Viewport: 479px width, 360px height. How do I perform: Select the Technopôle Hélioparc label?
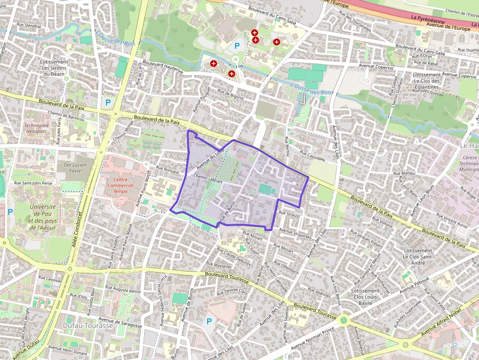(x=37, y=128)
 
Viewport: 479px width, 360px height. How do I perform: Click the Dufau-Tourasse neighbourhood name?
(x=88, y=325)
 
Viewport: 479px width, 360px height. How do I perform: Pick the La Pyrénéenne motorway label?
(x=428, y=19)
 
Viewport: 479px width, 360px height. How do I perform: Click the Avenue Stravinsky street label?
(x=295, y=233)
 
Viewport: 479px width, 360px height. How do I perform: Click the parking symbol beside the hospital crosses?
(x=237, y=46)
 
